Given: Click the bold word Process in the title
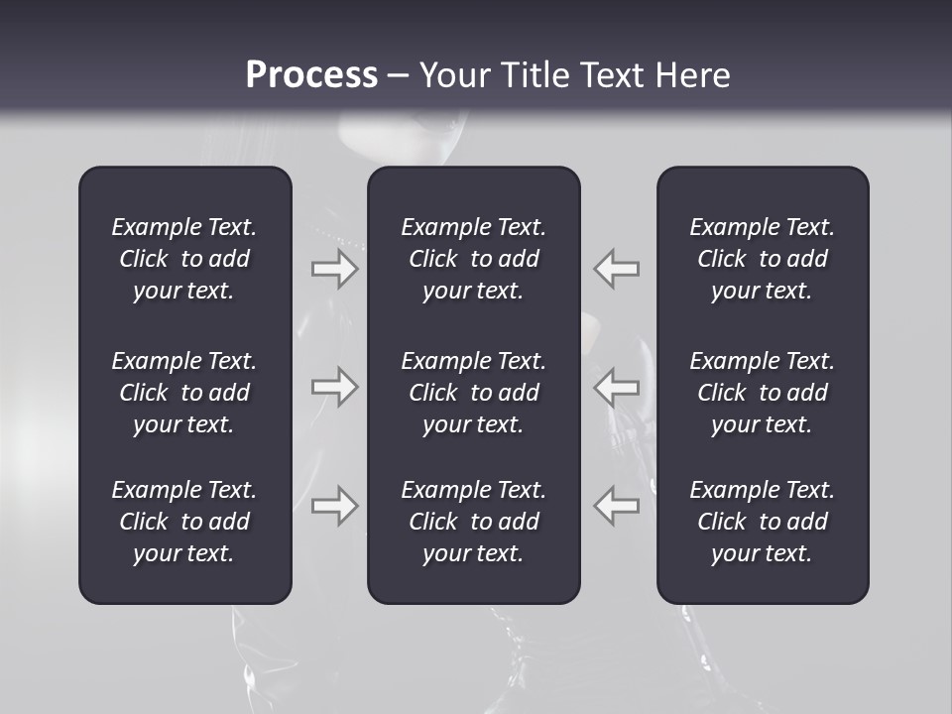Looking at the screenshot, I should (x=311, y=75).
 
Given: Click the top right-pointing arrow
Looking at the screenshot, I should (x=334, y=269).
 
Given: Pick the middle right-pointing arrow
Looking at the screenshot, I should (x=334, y=387).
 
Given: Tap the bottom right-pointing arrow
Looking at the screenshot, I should (x=334, y=505).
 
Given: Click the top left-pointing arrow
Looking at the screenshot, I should (x=617, y=269).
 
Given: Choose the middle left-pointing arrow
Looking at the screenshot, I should (x=617, y=387).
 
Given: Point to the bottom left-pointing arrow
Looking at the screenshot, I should (x=617, y=505).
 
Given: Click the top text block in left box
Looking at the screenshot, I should (x=184, y=259).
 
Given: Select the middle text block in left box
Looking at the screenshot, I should (x=184, y=393).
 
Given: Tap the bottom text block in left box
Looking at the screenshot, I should (x=184, y=522).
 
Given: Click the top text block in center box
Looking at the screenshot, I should (x=473, y=259).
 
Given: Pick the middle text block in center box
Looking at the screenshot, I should (x=473, y=393).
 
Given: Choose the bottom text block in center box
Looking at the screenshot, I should (x=473, y=522).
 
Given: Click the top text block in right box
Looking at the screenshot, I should (x=762, y=259).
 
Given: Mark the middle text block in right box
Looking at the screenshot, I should (x=762, y=393).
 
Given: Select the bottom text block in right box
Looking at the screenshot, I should (x=762, y=522).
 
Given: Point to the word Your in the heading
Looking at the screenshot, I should (x=455, y=75).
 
